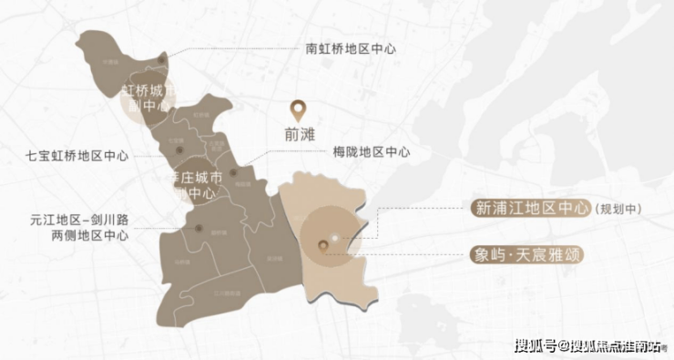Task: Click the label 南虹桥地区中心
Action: (352, 47)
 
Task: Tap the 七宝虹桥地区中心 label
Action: (77, 155)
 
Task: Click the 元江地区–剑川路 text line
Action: (79, 220)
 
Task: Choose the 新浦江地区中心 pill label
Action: (532, 208)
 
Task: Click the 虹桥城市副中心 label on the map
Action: (148, 98)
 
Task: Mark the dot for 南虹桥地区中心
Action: (162, 60)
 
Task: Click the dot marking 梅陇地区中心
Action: (234, 171)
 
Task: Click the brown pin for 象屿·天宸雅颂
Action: (322, 244)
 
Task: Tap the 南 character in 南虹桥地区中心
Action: (311, 47)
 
